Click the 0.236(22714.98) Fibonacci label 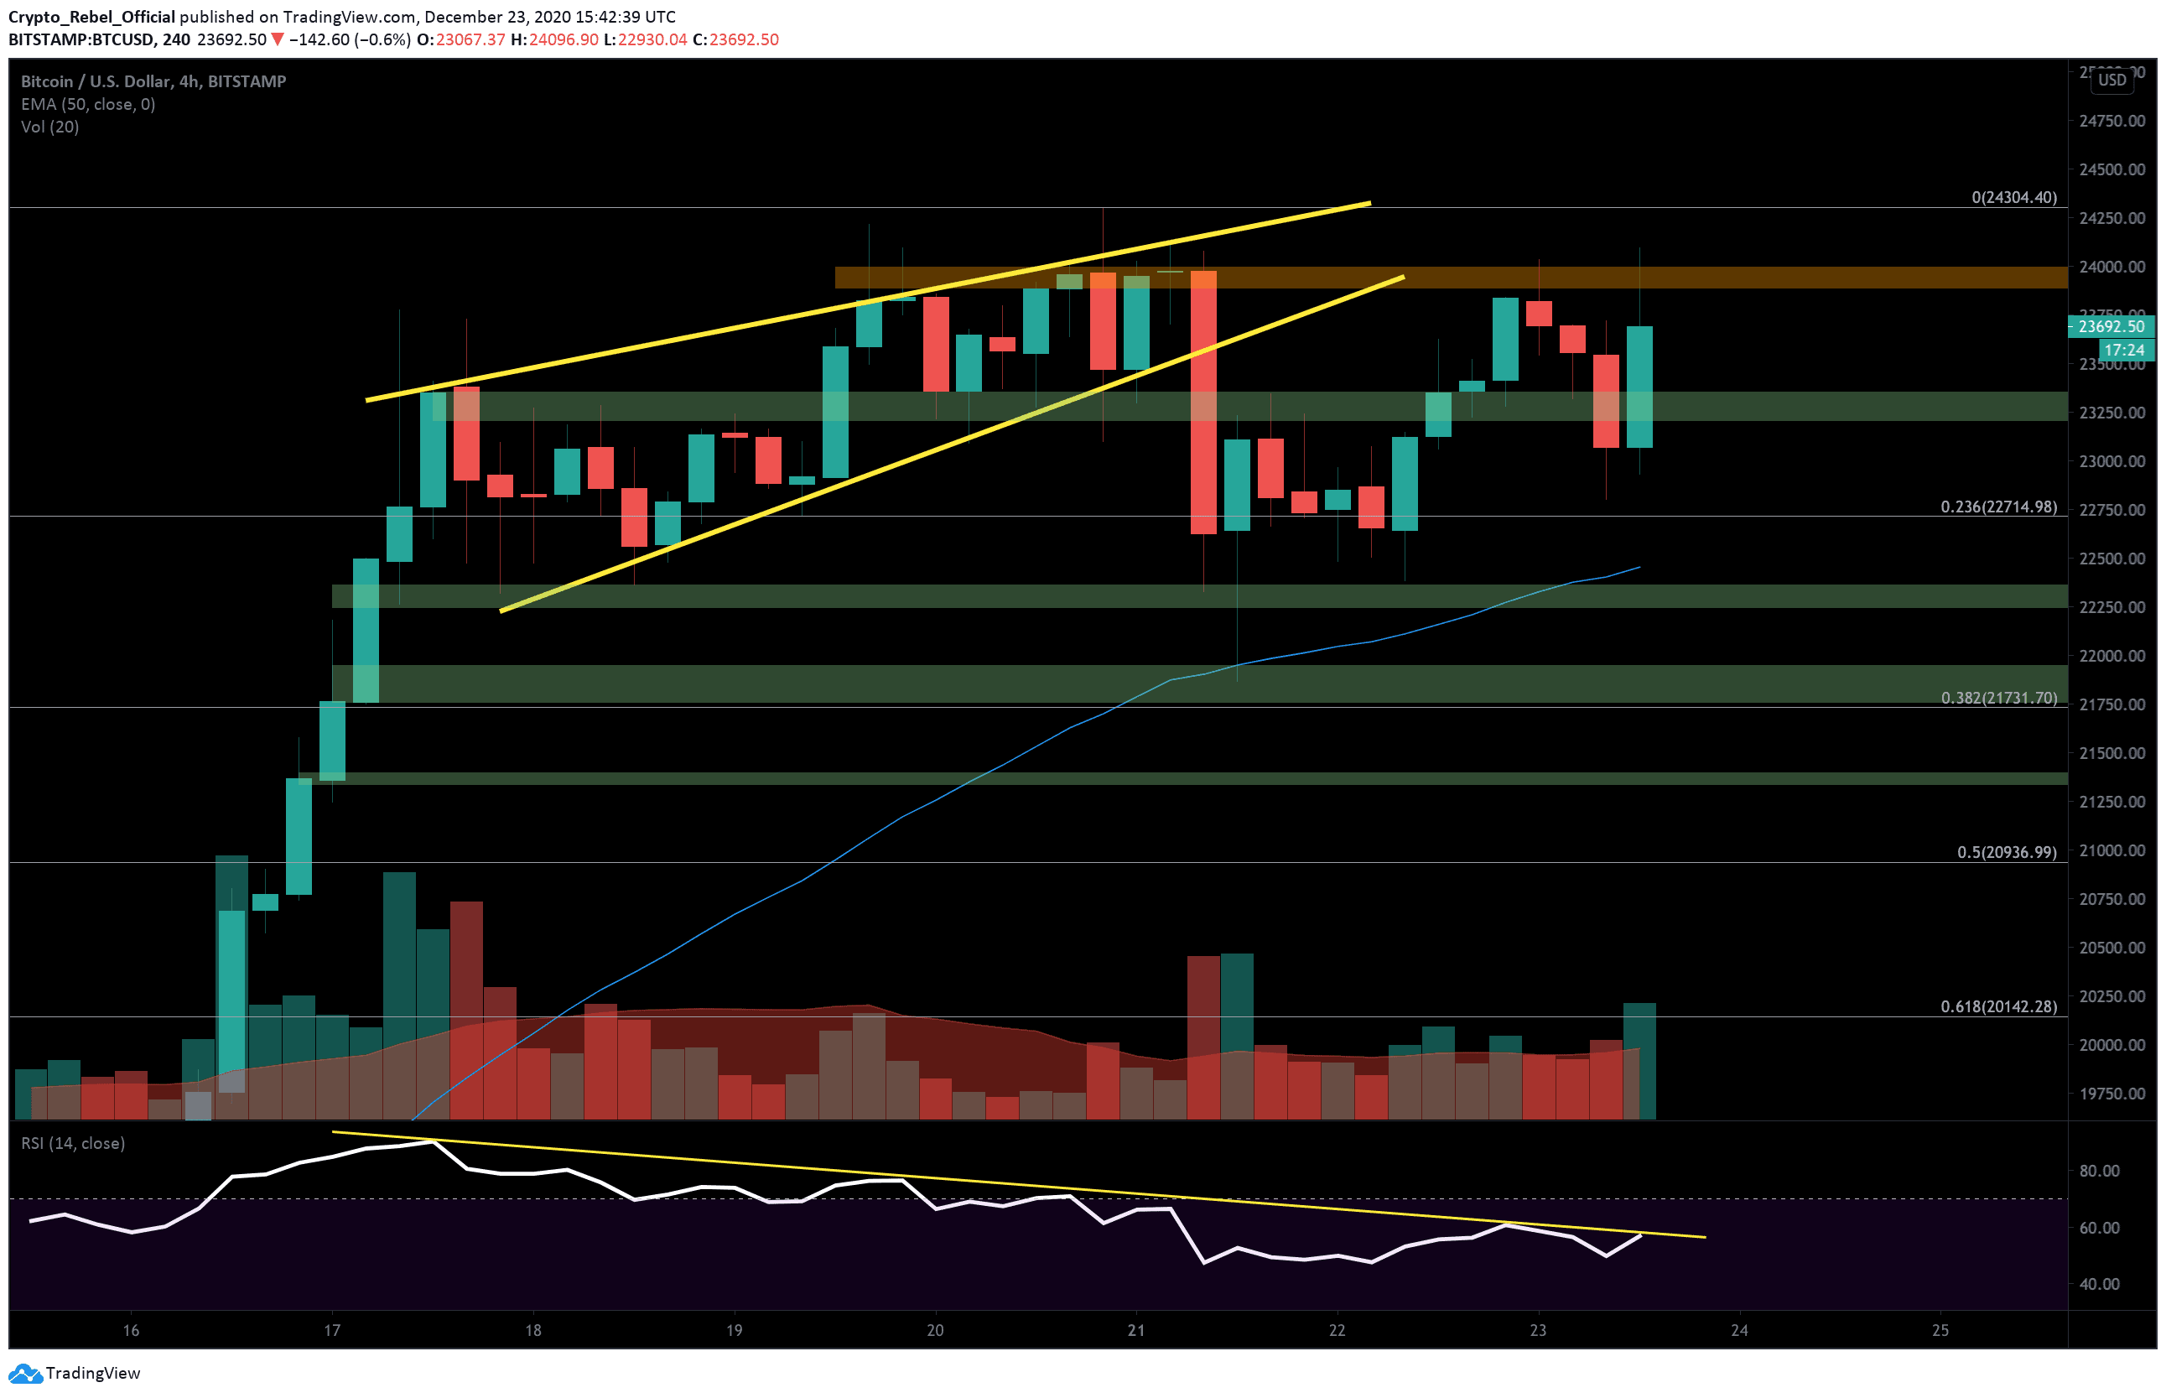pyautogui.click(x=1998, y=507)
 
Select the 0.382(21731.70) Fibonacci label pyautogui.click(x=1998, y=698)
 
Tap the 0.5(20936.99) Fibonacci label pyautogui.click(x=2006, y=852)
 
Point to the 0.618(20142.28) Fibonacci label pyautogui.click(x=1998, y=1006)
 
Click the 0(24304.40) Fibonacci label pyautogui.click(x=2013, y=197)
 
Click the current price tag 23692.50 pyautogui.click(x=2111, y=326)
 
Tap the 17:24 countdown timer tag pyautogui.click(x=2123, y=350)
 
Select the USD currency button pyautogui.click(x=2111, y=80)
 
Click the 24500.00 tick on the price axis pyautogui.click(x=2111, y=169)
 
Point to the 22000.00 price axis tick pyautogui.click(x=2111, y=656)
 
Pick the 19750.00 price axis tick pyautogui.click(x=2111, y=1094)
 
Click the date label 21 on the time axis pyautogui.click(x=1135, y=1330)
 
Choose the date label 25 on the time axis pyautogui.click(x=1940, y=1330)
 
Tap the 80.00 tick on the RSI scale pyautogui.click(x=2099, y=1171)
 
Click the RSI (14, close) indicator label pyautogui.click(x=73, y=1143)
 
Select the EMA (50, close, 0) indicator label pyautogui.click(x=88, y=104)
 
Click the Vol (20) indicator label pyautogui.click(x=50, y=127)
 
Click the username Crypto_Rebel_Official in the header pyautogui.click(x=91, y=16)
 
